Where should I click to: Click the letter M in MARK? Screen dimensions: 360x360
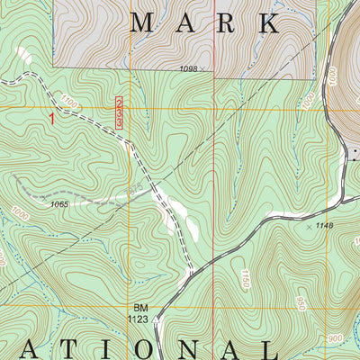pyautogui.click(x=143, y=23)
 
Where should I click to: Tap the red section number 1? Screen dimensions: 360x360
pyautogui.click(x=53, y=118)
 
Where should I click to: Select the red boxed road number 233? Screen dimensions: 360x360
pyautogui.click(x=120, y=114)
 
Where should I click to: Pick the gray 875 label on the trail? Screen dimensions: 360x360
pyautogui.click(x=134, y=188)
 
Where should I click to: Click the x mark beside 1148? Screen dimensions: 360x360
pyautogui.click(x=309, y=226)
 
